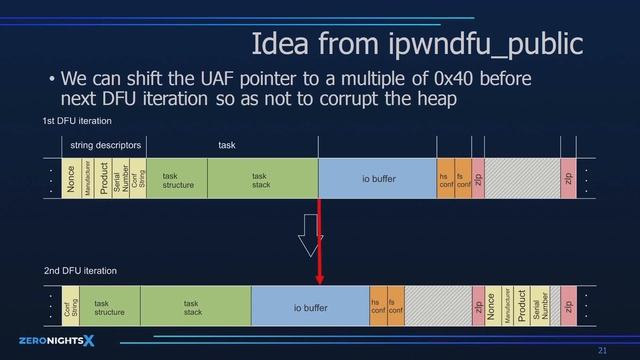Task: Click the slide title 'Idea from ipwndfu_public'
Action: (416, 45)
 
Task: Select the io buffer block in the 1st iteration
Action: (378, 179)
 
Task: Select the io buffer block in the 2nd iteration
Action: (310, 308)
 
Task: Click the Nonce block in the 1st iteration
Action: (71, 179)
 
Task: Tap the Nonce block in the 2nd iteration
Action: (491, 307)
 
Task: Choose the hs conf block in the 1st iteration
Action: (445, 179)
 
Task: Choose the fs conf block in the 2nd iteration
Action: (395, 307)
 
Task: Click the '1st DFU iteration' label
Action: (77, 121)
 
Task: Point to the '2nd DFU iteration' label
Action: (80, 270)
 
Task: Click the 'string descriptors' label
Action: (105, 146)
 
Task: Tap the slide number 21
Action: (602, 350)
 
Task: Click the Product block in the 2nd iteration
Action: (521, 307)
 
